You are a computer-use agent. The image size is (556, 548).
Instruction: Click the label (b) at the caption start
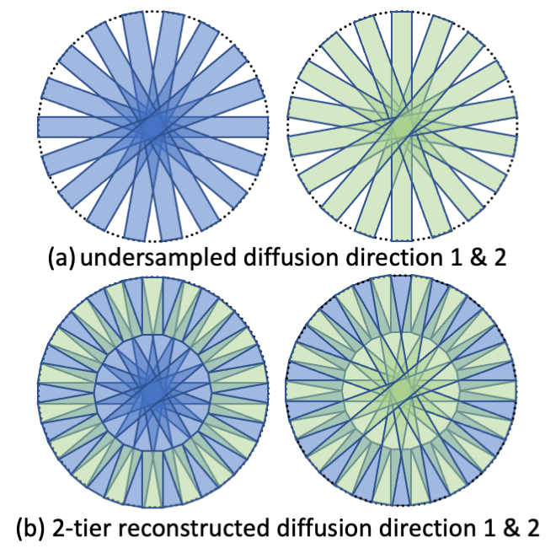pyautogui.click(x=31, y=528)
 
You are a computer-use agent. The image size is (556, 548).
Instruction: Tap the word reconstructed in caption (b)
pyautogui.click(x=184, y=528)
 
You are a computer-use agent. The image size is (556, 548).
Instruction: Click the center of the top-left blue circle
pyautogui.click(x=153, y=126)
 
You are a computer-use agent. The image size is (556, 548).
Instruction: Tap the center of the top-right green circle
pyautogui.click(x=402, y=126)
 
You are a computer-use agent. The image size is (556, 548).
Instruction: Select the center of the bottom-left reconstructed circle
pyautogui.click(x=153, y=393)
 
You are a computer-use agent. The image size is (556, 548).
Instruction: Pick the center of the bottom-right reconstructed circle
pyautogui.click(x=402, y=393)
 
